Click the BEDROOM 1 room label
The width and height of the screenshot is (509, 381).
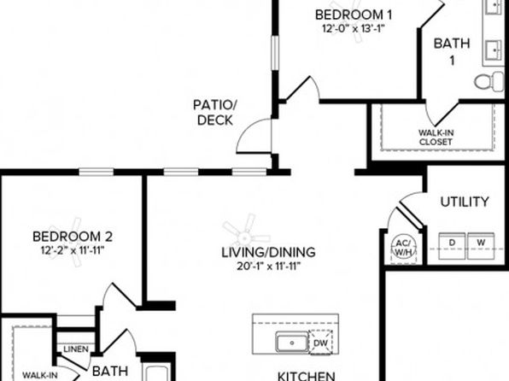tap(354, 15)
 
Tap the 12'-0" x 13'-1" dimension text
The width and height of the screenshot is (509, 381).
tap(354, 28)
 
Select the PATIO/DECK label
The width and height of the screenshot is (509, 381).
tap(215, 113)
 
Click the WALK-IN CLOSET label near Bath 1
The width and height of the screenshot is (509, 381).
tap(436, 138)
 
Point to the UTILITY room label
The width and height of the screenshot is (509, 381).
tap(465, 202)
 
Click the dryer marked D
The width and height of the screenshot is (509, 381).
tap(452, 246)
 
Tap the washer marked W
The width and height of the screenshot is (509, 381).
tap(481, 246)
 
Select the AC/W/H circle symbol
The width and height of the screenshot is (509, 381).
tap(403, 248)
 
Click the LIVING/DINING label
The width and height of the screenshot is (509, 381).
tap(268, 252)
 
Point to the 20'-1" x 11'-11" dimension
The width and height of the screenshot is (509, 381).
tap(269, 267)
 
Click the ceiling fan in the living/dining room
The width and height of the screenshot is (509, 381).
tap(246, 234)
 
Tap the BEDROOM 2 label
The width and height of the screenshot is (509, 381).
tap(73, 237)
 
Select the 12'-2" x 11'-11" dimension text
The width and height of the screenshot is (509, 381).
tap(73, 250)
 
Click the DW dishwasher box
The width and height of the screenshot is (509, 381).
tap(320, 343)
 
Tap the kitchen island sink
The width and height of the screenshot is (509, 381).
tap(292, 343)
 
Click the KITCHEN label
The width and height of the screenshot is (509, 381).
tap(306, 376)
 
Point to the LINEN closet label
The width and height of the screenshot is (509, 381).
tap(76, 349)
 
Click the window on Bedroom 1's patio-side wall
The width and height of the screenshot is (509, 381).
tap(275, 53)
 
